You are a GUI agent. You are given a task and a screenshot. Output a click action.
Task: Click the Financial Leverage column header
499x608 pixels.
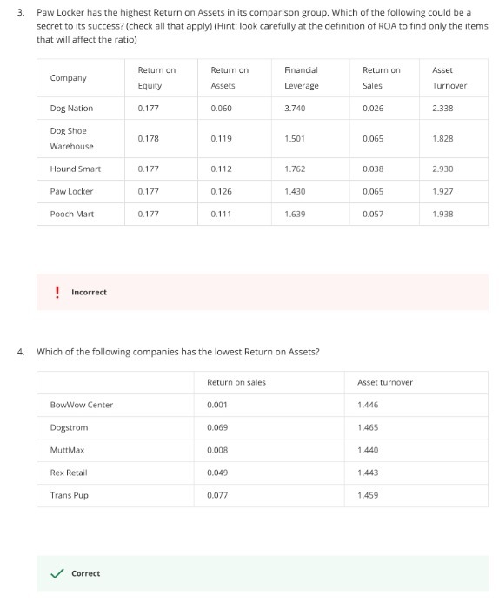301,77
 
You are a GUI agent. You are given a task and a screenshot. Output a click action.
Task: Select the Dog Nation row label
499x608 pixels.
71,109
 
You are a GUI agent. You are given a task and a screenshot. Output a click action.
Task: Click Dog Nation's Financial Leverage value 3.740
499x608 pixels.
296,109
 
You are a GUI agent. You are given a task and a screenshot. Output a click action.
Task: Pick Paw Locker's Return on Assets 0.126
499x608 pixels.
222,191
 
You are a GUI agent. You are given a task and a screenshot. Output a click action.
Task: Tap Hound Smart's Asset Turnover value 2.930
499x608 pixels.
443,169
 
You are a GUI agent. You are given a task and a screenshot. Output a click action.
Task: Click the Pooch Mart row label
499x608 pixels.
72,214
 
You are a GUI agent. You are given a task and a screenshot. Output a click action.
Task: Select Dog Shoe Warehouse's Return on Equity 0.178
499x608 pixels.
149,138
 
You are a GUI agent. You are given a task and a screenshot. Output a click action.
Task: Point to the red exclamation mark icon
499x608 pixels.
57,292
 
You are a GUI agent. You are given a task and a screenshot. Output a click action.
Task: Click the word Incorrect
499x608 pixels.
89,292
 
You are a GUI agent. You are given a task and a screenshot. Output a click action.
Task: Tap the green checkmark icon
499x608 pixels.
57,573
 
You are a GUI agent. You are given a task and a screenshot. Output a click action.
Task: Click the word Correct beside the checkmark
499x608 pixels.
85,573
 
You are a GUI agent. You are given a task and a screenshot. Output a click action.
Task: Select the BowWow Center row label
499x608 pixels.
82,405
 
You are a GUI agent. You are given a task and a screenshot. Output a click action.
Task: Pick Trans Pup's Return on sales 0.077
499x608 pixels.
218,495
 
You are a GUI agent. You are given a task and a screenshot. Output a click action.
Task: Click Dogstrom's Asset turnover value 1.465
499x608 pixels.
369,427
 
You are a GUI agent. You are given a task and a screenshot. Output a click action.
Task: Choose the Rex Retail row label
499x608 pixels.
69,473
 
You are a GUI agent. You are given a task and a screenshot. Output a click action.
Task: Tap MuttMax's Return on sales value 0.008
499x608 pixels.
218,450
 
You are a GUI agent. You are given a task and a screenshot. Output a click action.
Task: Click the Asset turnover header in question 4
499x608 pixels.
385,382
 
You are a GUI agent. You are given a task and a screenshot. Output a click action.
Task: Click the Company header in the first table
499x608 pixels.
69,77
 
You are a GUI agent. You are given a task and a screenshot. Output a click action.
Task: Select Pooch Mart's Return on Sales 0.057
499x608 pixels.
373,214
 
